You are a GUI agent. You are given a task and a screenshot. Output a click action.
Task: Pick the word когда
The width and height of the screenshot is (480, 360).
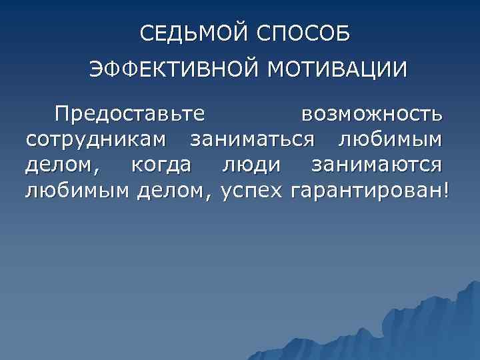pos(161,166)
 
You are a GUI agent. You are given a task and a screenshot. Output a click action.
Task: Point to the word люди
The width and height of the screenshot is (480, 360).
pos(252,166)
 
